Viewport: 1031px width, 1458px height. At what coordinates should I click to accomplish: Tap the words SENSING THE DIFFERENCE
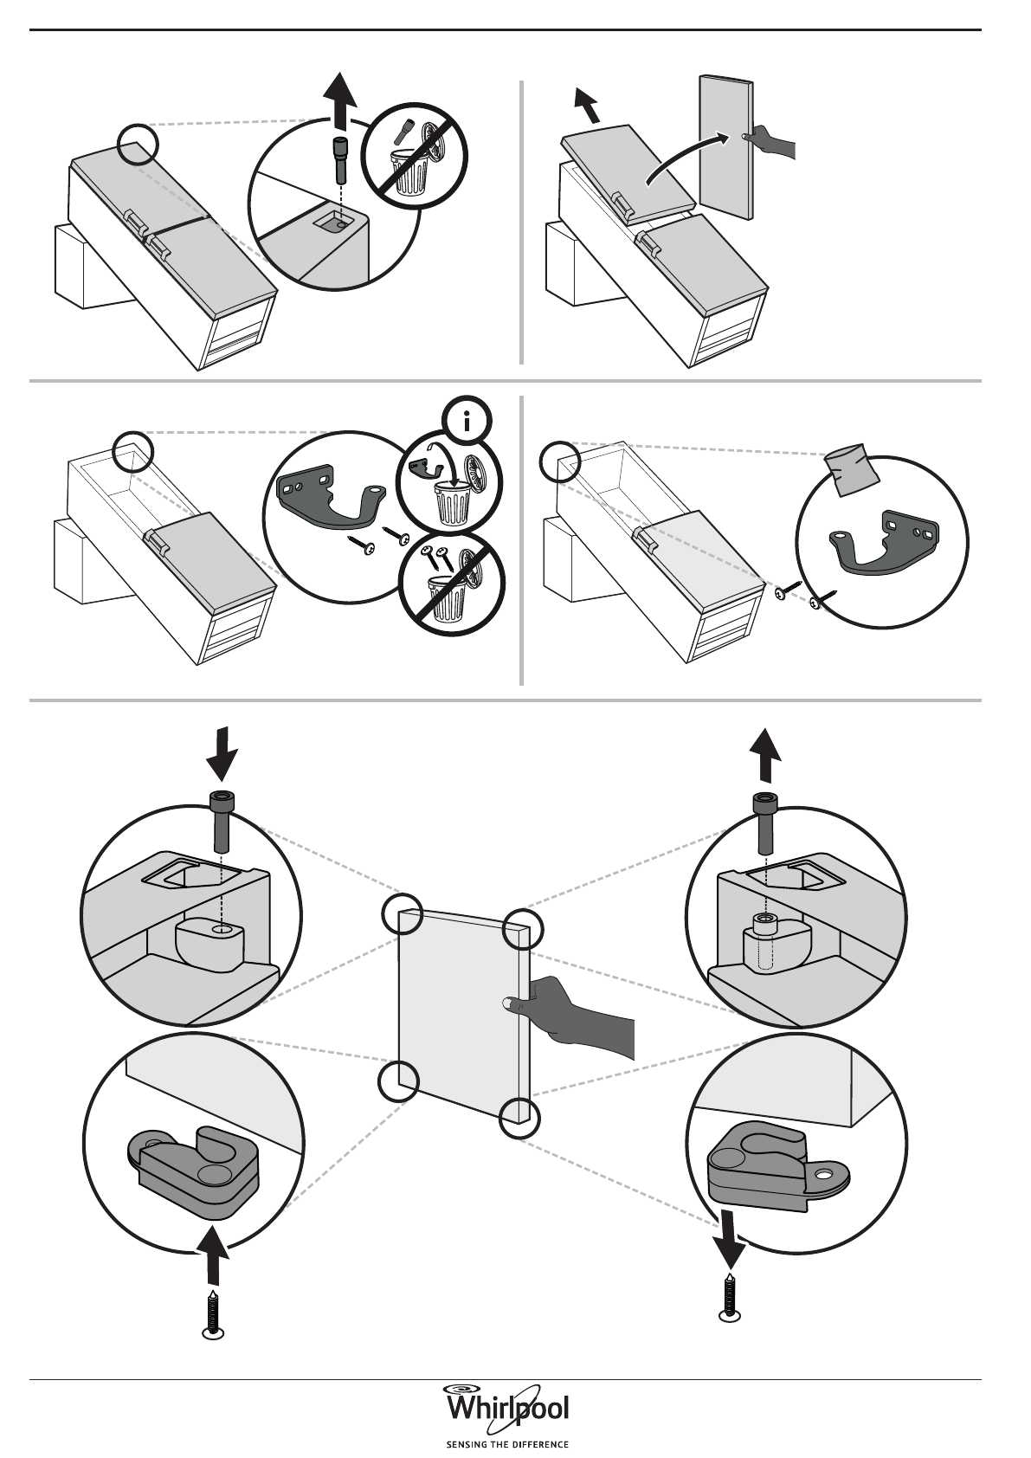click(x=506, y=1444)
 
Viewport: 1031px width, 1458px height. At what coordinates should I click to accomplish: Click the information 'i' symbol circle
click(x=468, y=423)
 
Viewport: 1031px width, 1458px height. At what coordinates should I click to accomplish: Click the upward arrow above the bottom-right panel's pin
click(x=764, y=755)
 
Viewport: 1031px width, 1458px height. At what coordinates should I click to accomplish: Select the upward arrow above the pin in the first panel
click(x=342, y=100)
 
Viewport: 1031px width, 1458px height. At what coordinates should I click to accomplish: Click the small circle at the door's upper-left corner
click(x=402, y=914)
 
